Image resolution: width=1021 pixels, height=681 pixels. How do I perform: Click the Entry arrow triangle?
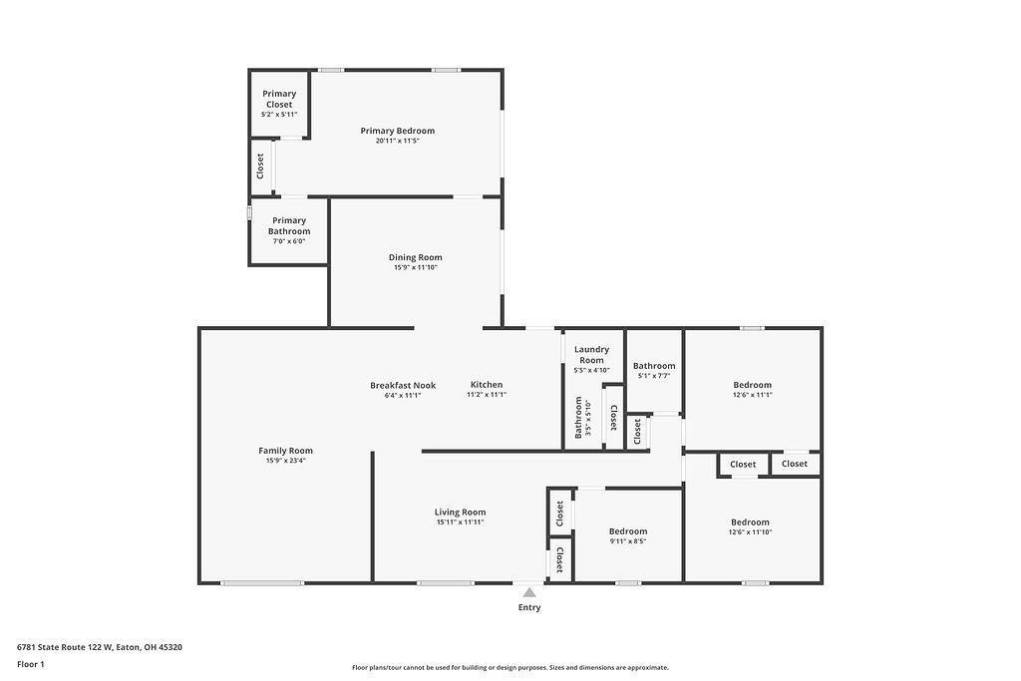[529, 592]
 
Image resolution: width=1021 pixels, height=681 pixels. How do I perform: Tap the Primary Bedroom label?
[397, 131]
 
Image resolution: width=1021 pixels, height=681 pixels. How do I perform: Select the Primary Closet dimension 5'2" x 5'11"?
[279, 115]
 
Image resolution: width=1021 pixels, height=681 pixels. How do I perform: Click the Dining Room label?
[416, 257]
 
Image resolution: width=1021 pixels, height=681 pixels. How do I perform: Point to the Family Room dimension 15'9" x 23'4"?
[285, 461]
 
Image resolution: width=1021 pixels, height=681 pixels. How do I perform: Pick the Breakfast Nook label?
[403, 386]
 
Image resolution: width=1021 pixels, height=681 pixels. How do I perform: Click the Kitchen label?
[487, 385]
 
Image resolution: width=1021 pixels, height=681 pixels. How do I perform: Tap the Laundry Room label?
[592, 355]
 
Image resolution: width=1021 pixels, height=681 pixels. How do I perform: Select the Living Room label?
[461, 512]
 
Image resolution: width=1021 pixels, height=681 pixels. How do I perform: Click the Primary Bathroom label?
[289, 226]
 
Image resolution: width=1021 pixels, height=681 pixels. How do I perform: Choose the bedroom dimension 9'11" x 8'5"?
[628, 541]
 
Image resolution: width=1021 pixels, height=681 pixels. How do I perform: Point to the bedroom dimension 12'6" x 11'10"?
[750, 531]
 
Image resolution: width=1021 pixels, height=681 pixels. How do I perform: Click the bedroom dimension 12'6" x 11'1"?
[753, 395]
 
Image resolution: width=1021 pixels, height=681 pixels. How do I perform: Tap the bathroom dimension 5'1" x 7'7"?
[654, 376]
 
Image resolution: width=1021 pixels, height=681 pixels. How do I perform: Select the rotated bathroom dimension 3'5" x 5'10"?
[588, 418]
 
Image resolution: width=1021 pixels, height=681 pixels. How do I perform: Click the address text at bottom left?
[100, 647]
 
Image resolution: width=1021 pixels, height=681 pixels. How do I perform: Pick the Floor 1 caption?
[31, 664]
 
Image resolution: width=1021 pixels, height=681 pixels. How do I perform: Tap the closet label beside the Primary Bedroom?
[260, 167]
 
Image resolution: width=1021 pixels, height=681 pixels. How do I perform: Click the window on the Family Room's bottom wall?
[262, 583]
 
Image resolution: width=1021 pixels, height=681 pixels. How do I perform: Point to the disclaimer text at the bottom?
[510, 667]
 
